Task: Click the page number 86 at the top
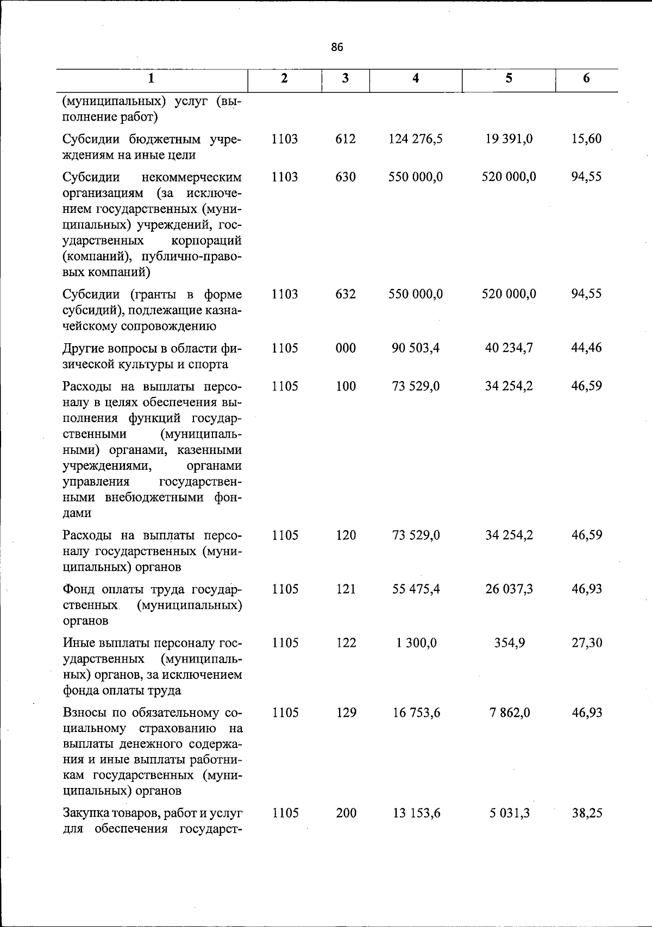point(337,47)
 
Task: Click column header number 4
point(416,78)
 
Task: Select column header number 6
point(586,78)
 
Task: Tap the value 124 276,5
point(416,139)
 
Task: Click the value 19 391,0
point(509,139)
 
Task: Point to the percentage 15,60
point(586,139)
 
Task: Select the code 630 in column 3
point(346,177)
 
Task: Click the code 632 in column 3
point(346,294)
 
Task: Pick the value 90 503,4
point(416,348)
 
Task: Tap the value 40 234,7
point(509,348)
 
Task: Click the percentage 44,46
point(586,348)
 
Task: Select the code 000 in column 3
point(346,348)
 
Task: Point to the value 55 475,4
point(416,589)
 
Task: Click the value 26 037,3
point(509,589)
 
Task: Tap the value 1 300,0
point(416,643)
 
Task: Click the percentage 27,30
point(586,643)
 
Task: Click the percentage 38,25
point(586,814)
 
